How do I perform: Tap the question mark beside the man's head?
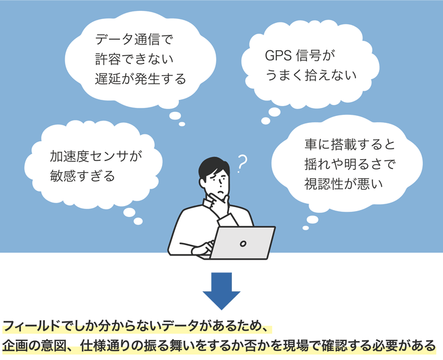click(242, 164)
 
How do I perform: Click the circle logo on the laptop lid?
click(243, 243)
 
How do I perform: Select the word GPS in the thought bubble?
click(278, 55)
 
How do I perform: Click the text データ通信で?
click(134, 39)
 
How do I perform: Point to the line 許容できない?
click(134, 59)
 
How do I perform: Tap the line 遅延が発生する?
click(140, 78)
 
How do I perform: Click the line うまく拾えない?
click(311, 75)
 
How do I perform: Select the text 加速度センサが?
click(96, 156)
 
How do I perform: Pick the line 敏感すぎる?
click(82, 176)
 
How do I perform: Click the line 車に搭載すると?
click(350, 144)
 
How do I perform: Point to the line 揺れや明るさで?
click(350, 164)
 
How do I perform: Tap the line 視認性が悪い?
click(344, 183)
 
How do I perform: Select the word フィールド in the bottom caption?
click(31, 326)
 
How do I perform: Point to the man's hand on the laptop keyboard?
click(201, 249)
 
